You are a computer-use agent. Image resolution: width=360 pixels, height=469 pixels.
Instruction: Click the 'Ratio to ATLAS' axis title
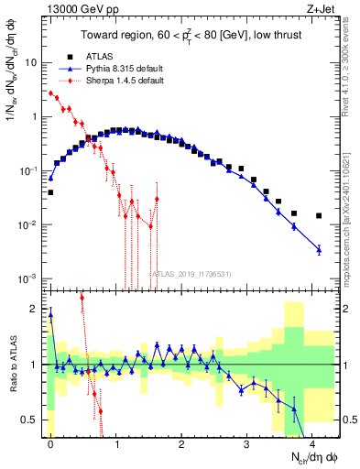12,364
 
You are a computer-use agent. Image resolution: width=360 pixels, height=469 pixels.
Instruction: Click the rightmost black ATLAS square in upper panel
319,216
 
